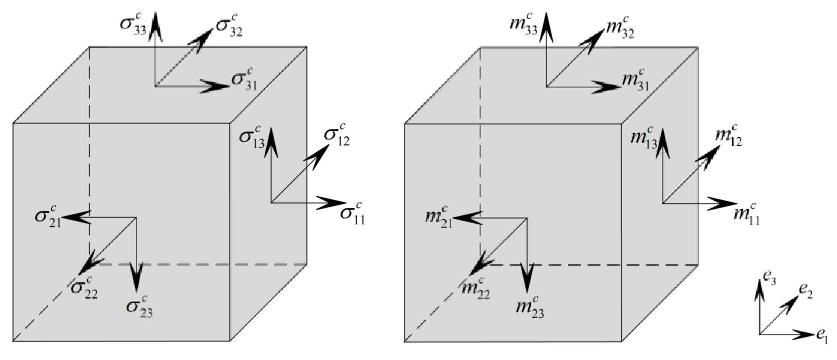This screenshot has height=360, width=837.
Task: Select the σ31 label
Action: [244, 80]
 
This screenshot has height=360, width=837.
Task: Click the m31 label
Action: [635, 80]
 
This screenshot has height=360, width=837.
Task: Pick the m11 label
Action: [746, 214]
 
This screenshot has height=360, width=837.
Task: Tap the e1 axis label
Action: [822, 337]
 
